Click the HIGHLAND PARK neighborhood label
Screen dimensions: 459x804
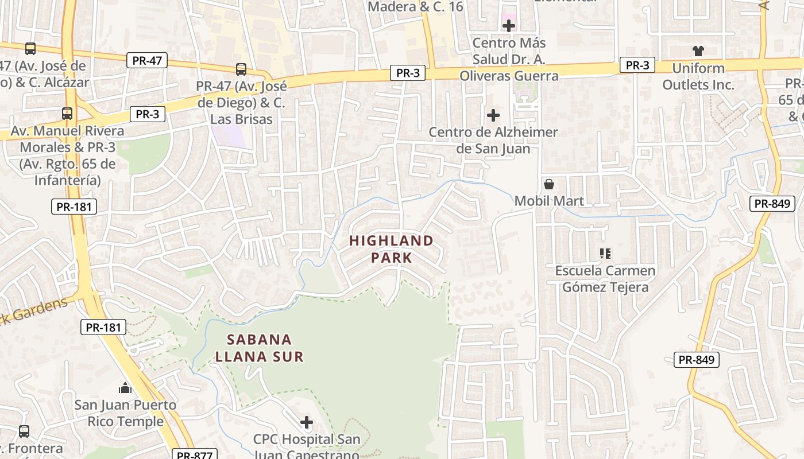391,249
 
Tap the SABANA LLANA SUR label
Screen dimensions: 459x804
259,348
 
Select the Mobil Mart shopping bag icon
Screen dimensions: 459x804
549,184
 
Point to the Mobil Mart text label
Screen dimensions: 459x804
549,201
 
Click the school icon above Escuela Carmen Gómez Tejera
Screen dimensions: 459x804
605,253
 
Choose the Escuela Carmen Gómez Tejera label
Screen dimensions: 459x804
605,278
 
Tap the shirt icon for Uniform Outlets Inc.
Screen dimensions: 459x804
698,51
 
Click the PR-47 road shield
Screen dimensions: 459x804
148,60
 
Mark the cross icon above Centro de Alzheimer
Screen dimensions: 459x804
493,115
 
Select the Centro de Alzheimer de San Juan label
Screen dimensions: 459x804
493,140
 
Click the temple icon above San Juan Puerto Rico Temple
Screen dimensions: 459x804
125,388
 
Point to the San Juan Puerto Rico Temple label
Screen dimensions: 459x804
125,413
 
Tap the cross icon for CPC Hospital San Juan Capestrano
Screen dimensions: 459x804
307,423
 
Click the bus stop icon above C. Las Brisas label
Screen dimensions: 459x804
241,69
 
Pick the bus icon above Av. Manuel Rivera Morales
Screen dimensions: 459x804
67,114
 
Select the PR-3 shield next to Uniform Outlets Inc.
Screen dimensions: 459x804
637,65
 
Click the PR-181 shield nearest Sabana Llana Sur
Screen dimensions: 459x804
103,328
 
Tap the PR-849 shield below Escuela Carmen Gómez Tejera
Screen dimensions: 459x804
696,360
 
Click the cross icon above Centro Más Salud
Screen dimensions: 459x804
509,26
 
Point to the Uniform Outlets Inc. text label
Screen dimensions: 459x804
698,76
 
